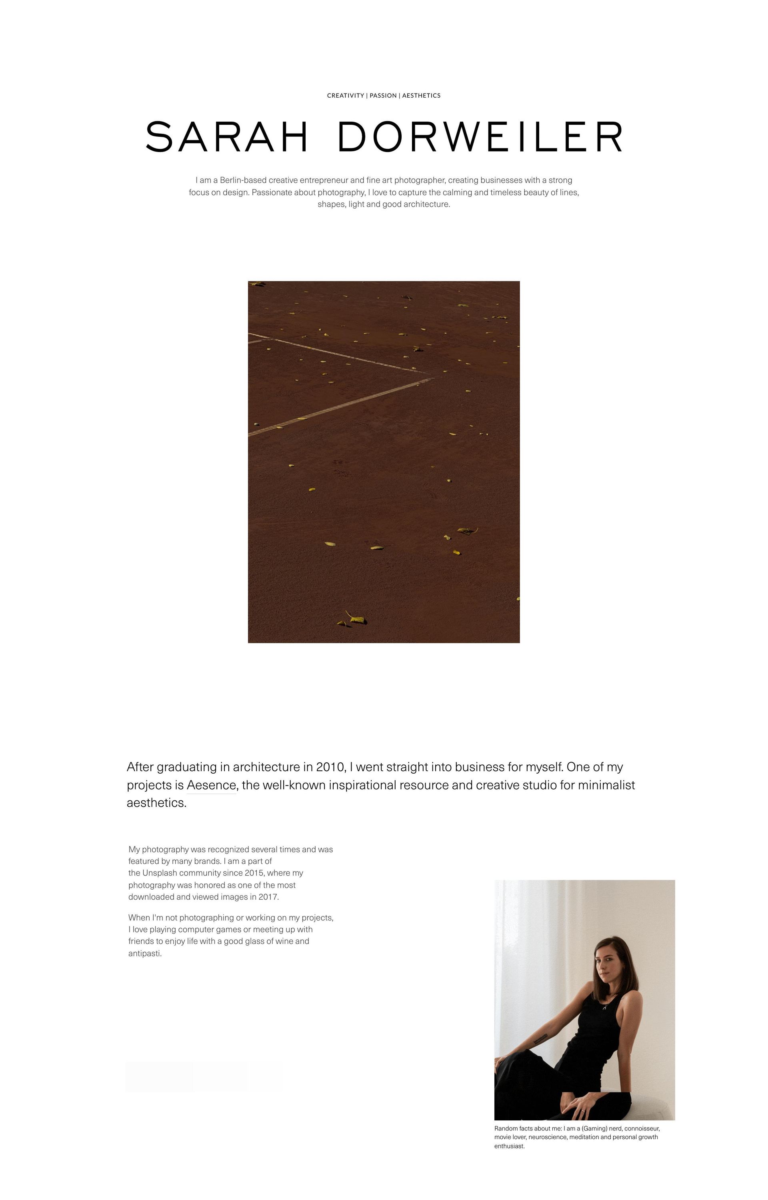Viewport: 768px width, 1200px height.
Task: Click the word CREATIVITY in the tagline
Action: [345, 96]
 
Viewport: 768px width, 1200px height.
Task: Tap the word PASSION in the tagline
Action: [383, 96]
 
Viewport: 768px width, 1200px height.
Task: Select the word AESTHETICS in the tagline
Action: [422, 96]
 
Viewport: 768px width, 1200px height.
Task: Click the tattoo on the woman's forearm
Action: [540, 1038]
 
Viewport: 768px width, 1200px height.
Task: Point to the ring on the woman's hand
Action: [582, 1111]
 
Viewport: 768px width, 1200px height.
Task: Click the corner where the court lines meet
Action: [432, 376]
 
